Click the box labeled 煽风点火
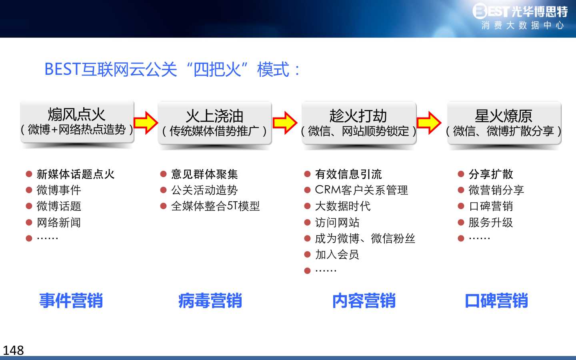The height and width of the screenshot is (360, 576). (x=77, y=122)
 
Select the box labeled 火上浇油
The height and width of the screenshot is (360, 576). (x=215, y=123)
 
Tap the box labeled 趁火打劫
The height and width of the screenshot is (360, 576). (x=359, y=123)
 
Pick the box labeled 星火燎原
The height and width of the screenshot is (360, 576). (x=504, y=123)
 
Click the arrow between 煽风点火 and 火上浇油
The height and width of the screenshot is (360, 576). (x=146, y=123)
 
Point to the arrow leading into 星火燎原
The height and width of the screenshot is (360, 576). (x=429, y=123)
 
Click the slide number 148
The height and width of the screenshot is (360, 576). (x=13, y=350)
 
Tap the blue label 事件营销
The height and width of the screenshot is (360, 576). (x=71, y=300)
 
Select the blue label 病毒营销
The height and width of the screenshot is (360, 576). (x=210, y=300)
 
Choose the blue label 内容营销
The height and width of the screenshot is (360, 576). (x=364, y=300)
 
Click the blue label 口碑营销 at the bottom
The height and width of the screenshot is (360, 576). (x=496, y=300)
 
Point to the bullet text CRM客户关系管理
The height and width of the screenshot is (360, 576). (x=361, y=190)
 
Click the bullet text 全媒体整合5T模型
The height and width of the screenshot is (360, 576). (x=216, y=206)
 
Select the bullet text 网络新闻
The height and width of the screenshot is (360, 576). (x=59, y=222)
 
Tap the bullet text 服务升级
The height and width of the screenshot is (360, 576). (x=491, y=222)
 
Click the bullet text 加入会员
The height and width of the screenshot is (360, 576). (x=337, y=254)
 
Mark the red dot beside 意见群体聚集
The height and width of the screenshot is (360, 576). (x=163, y=174)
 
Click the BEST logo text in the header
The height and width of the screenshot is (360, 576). (x=491, y=11)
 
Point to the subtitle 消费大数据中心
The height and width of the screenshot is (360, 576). (x=522, y=26)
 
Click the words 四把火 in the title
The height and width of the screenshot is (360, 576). (x=217, y=70)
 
